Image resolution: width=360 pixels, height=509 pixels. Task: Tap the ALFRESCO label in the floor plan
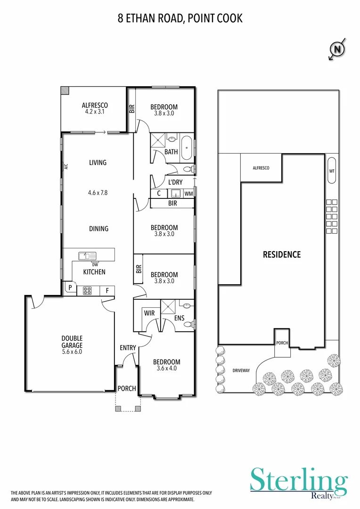95,106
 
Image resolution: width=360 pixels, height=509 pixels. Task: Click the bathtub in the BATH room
187,148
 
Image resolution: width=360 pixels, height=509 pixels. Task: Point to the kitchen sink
88,256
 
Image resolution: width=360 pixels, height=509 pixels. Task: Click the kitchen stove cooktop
87,291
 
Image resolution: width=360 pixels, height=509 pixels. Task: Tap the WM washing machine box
188,193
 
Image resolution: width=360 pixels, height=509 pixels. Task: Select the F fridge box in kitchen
107,291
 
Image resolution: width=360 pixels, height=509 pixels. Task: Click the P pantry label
70,287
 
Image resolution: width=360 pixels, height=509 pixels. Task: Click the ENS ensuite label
179,318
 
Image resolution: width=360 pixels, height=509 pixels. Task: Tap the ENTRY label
128,348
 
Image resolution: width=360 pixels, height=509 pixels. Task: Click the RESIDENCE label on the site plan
281,254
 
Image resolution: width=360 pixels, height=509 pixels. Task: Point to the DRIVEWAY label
241,371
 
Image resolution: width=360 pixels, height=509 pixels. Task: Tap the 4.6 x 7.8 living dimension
98,192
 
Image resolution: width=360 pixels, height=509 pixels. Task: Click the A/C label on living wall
66,166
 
